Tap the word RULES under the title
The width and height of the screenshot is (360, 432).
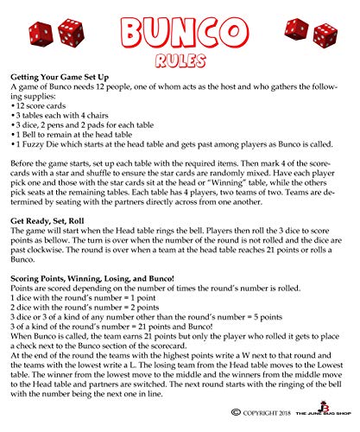(180, 61)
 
